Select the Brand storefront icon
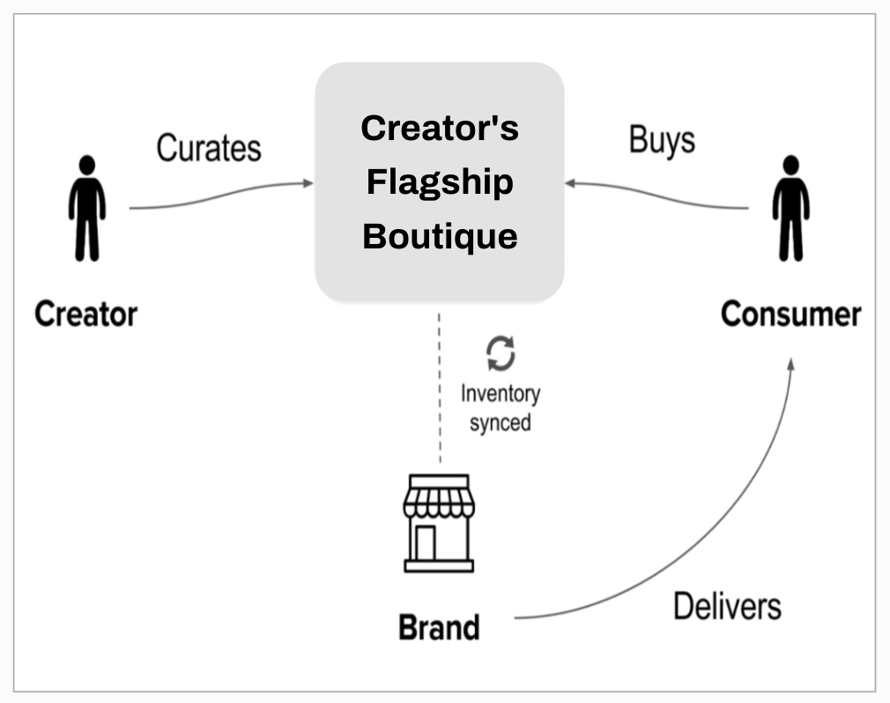click(x=439, y=523)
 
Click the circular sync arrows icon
click(x=500, y=354)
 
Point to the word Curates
click(x=209, y=147)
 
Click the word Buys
click(x=662, y=140)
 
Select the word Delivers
click(x=727, y=606)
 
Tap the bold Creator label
click(x=85, y=314)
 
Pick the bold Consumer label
click(x=790, y=314)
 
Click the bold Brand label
click(x=439, y=628)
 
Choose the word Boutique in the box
click(x=440, y=237)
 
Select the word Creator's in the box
click(x=440, y=129)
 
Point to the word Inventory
click(x=500, y=394)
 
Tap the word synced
click(x=500, y=423)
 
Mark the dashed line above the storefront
click(x=439, y=388)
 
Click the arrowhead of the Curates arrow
click(x=308, y=183)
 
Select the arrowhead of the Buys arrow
click(x=570, y=183)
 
